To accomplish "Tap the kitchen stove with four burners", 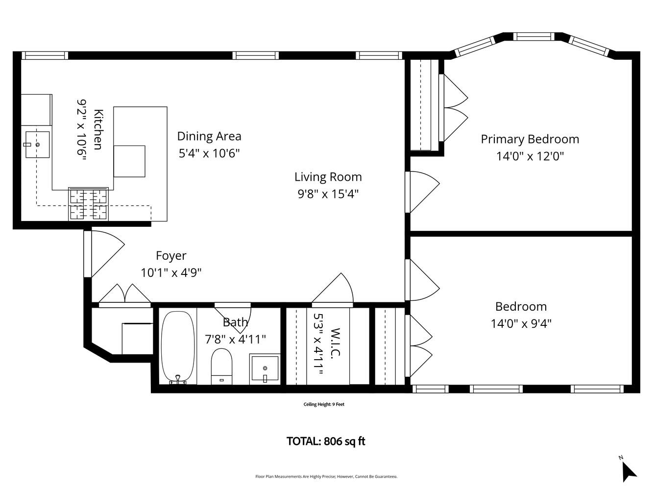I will click(x=88, y=204).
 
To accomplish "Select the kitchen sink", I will click(x=37, y=145).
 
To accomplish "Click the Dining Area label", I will click(x=209, y=136).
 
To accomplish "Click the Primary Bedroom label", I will click(x=530, y=139).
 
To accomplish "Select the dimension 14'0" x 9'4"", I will click(x=521, y=324).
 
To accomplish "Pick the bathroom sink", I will click(x=265, y=368).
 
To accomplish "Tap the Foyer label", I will click(x=171, y=256).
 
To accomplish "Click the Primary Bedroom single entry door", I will click(x=422, y=191).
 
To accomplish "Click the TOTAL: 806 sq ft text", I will click(x=326, y=441).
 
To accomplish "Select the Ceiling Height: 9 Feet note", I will click(x=324, y=404).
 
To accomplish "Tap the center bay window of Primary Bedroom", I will click(x=533, y=36).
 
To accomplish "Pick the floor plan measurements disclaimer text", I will click(x=326, y=476).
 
